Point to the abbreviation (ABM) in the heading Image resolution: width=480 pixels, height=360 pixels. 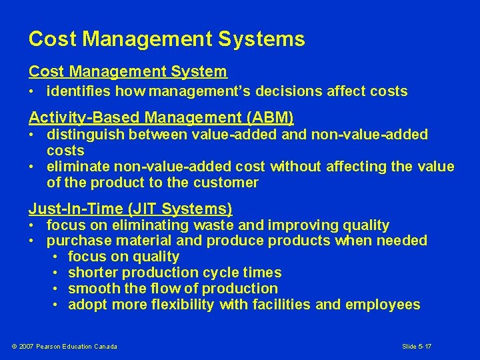(270, 118)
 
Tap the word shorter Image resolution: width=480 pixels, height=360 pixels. (92, 273)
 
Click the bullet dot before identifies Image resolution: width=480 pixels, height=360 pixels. (32, 92)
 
